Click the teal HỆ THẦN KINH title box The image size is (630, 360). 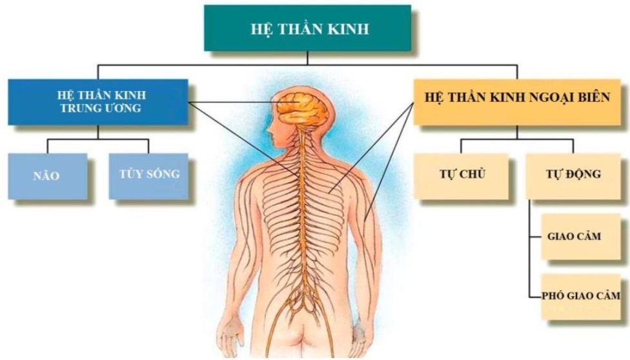point(307,28)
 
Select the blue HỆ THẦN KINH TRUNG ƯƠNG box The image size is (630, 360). point(98,102)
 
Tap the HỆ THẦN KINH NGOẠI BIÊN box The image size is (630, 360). point(518,102)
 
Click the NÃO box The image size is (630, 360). point(47,176)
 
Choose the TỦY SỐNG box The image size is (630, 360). point(148,176)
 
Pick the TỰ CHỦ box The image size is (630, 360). point(462,176)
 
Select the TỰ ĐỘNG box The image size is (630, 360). point(573,176)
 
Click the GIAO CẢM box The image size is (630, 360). point(581,237)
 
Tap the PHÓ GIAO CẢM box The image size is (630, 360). point(581,297)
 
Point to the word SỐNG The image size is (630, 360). point(163,174)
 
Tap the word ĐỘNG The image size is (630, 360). point(584,174)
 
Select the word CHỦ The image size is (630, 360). point(472,174)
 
